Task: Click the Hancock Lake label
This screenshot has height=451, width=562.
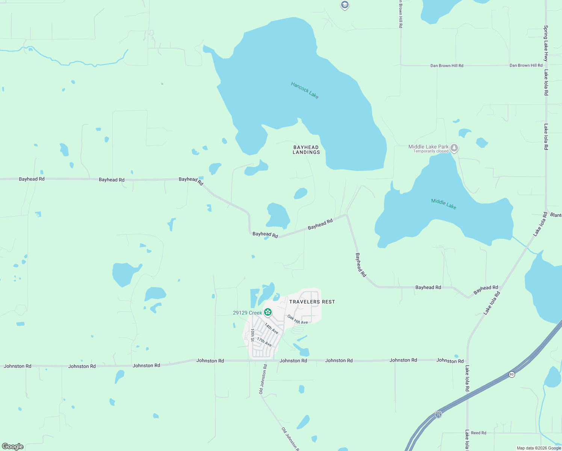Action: pyautogui.click(x=305, y=91)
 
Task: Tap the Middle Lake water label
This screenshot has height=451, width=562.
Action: pyautogui.click(x=444, y=204)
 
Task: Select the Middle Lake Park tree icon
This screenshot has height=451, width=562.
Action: pyautogui.click(x=454, y=148)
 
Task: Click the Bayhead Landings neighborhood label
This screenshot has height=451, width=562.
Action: pyautogui.click(x=307, y=150)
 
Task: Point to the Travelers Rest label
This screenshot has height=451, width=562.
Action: pyautogui.click(x=312, y=302)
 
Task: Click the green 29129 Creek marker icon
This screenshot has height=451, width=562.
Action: pyautogui.click(x=268, y=312)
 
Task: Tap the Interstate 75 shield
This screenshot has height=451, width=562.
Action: pyautogui.click(x=438, y=415)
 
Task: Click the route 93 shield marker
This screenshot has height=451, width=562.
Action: pyautogui.click(x=512, y=374)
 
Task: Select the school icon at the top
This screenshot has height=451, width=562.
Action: pyautogui.click(x=344, y=5)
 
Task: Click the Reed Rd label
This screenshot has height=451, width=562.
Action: pyautogui.click(x=479, y=433)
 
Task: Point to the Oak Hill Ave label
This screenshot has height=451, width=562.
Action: pyautogui.click(x=298, y=320)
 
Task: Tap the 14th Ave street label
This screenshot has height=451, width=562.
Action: pyautogui.click(x=271, y=328)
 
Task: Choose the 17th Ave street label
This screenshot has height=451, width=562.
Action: pyautogui.click(x=264, y=342)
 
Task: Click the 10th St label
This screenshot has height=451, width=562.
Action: pyautogui.click(x=252, y=335)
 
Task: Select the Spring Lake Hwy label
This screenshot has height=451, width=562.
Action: pyautogui.click(x=546, y=43)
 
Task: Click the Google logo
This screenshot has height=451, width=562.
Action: pyautogui.click(x=13, y=446)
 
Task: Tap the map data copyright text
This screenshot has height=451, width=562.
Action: pyautogui.click(x=539, y=448)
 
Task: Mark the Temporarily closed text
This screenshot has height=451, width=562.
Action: pyautogui.click(x=431, y=151)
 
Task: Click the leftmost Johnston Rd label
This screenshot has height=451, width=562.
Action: pyautogui.click(x=17, y=366)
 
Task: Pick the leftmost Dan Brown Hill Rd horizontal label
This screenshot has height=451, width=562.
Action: pyautogui.click(x=447, y=66)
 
